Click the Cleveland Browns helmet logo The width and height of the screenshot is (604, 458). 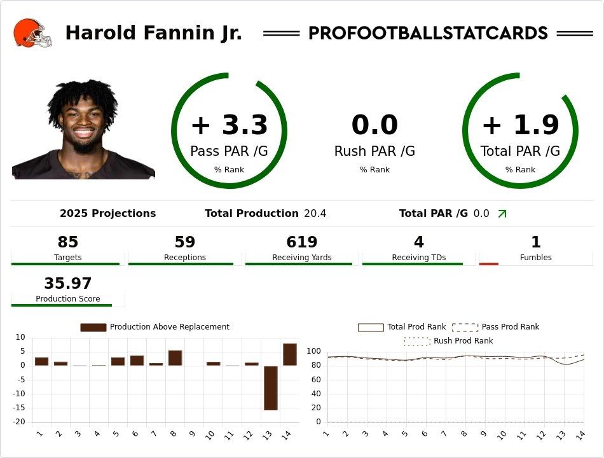pyautogui.click(x=32, y=33)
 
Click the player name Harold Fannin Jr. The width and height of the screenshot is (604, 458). pyautogui.click(x=153, y=33)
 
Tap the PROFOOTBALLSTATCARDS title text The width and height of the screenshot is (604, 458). pyautogui.click(x=428, y=33)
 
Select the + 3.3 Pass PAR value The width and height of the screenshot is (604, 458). pyautogui.click(x=229, y=125)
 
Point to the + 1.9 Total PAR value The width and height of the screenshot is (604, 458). pyautogui.click(x=520, y=125)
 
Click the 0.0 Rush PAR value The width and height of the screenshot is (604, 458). pyautogui.click(x=374, y=125)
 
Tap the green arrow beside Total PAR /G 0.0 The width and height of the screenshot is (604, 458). pyautogui.click(x=502, y=214)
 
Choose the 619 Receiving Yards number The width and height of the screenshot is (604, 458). pyautogui.click(x=301, y=242)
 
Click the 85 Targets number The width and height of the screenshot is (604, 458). pyautogui.click(x=68, y=242)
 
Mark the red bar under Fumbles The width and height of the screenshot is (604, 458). pyautogui.click(x=488, y=263)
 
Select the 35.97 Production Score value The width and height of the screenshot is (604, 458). pyautogui.click(x=68, y=284)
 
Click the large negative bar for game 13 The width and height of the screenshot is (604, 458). pyautogui.click(x=271, y=388)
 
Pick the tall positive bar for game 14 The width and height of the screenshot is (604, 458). pyautogui.click(x=290, y=354)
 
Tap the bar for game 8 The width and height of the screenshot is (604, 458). pyautogui.click(x=175, y=358)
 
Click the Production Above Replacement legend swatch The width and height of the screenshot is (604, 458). pyautogui.click(x=93, y=327)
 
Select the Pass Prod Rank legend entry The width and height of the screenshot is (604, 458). pyautogui.click(x=495, y=327)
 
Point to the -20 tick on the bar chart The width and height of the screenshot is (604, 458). pyautogui.click(x=20, y=422)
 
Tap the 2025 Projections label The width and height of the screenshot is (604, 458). pyautogui.click(x=107, y=214)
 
